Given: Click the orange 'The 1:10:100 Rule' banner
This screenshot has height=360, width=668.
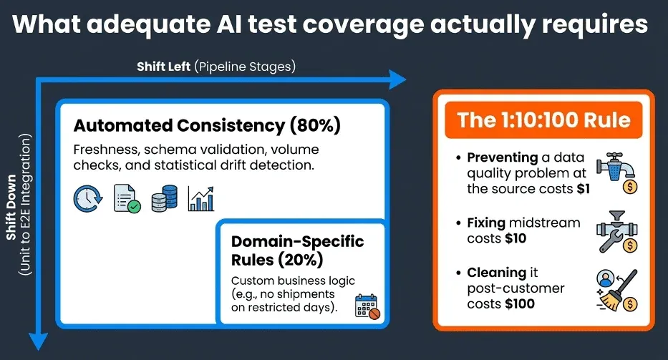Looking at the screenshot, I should [543, 118].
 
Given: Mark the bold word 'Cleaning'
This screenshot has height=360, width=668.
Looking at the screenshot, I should [495, 273].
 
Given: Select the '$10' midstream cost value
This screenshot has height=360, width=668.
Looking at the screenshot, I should [513, 238].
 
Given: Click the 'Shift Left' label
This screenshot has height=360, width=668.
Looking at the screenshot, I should [164, 67].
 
